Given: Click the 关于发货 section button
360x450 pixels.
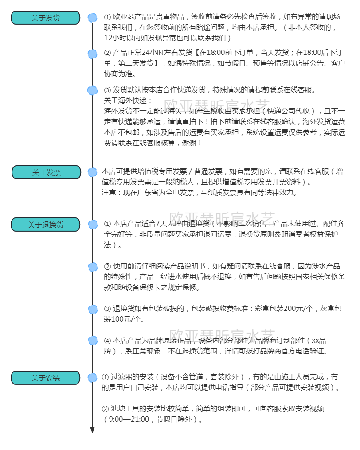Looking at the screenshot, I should pyautogui.click(x=45, y=18).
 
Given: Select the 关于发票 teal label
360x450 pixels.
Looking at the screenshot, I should pyautogui.click(x=46, y=172).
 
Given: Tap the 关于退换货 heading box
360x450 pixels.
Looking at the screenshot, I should pyautogui.click(x=45, y=225).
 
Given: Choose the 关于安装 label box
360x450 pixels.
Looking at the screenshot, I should pyautogui.click(x=45, y=378).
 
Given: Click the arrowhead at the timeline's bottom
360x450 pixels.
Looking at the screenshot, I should pyautogui.click(x=92, y=430).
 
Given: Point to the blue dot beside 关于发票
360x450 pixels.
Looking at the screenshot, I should pyautogui.click(x=92, y=172).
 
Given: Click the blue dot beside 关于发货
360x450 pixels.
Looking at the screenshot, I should pyautogui.click(x=92, y=18).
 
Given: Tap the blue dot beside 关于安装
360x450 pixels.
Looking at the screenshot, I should pyautogui.click(x=92, y=377).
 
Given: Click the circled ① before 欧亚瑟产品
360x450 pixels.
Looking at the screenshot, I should pyautogui.click(x=107, y=17).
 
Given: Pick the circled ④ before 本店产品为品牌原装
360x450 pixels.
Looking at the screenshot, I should pyautogui.click(x=107, y=341).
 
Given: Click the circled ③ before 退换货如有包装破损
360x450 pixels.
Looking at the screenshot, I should pyautogui.click(x=107, y=309).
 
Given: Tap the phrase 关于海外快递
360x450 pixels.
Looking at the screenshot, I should pyautogui.click(x=128, y=100).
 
